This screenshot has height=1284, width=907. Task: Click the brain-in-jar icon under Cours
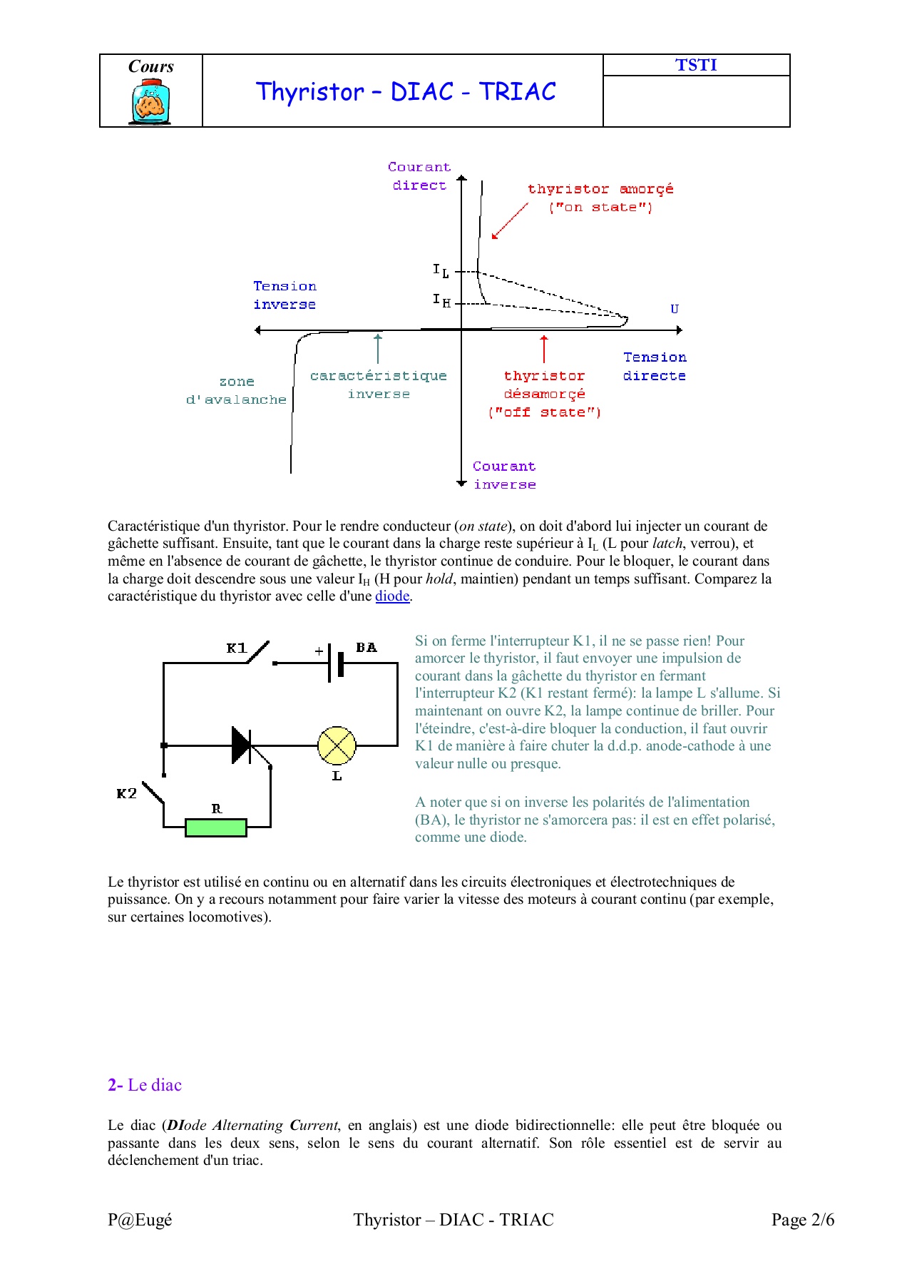coord(150,103)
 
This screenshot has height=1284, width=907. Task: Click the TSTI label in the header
coord(696,65)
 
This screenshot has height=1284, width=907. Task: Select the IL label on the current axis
coord(441,270)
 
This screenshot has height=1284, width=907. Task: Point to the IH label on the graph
coord(441,300)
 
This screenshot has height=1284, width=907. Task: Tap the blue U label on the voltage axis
coord(675,309)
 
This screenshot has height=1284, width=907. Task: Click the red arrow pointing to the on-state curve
coord(509,221)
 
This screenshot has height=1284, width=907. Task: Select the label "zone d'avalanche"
coord(236,391)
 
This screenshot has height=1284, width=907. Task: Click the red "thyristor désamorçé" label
coord(545,394)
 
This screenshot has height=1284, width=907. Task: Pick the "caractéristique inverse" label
coord(379,384)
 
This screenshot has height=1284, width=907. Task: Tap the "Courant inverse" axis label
coord(504,475)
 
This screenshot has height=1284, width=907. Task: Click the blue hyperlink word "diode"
coord(392,596)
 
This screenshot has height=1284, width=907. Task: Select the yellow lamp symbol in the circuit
coord(337,745)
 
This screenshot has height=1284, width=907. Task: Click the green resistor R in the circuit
coord(216,827)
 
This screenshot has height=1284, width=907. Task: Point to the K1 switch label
coord(236,648)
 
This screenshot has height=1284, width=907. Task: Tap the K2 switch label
coord(126,793)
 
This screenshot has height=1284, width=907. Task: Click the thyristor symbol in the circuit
coord(242,745)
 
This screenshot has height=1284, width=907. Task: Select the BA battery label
coord(367,648)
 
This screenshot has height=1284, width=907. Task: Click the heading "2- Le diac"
coord(145,1085)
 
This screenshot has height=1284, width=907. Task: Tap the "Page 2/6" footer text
coord(802,1220)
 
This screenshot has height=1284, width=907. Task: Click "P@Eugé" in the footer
coord(140,1220)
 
